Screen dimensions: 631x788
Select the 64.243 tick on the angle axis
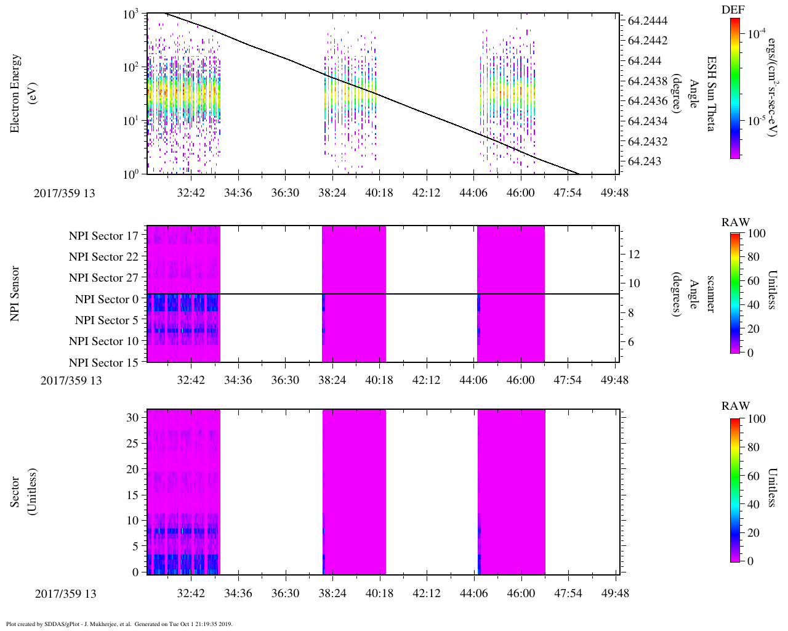[x=644, y=162]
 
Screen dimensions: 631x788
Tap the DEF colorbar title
[x=733, y=9]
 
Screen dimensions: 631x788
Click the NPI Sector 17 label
[x=103, y=236]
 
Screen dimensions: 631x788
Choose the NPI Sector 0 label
[x=107, y=299]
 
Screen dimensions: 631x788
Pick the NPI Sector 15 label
[x=103, y=363]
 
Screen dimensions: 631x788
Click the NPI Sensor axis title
[x=15, y=294]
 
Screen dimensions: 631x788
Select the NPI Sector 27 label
[x=103, y=278]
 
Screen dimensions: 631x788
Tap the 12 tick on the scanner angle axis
[x=634, y=254]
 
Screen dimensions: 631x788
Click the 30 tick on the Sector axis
[x=132, y=417]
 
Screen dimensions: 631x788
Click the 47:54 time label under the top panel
[x=568, y=193]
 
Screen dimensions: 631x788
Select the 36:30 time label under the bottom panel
[x=286, y=593]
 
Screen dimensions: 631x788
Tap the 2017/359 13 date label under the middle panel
[x=71, y=380]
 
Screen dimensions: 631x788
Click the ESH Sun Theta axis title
[x=711, y=94]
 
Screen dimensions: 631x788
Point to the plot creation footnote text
[x=119, y=624]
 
